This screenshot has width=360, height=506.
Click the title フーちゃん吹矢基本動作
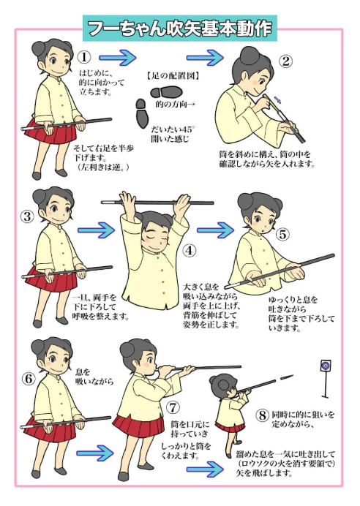(179, 29)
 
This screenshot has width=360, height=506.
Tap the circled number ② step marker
(285, 61)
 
